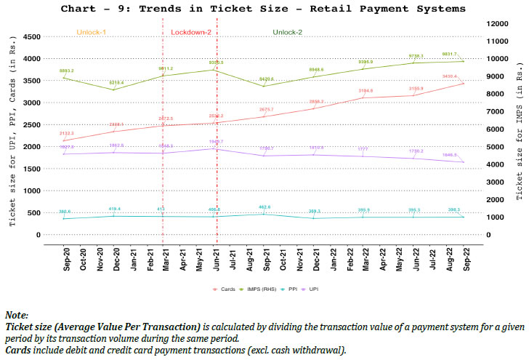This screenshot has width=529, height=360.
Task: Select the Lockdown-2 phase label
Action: pos(192,33)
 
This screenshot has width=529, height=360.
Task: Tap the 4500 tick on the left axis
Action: pos(31,36)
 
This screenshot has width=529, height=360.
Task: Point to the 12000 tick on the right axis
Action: pos(496,24)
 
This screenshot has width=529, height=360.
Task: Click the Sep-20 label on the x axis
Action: pos(66,260)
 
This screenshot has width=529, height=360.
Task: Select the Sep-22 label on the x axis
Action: pos(464,260)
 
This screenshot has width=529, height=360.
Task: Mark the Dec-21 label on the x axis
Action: pos(315,260)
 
